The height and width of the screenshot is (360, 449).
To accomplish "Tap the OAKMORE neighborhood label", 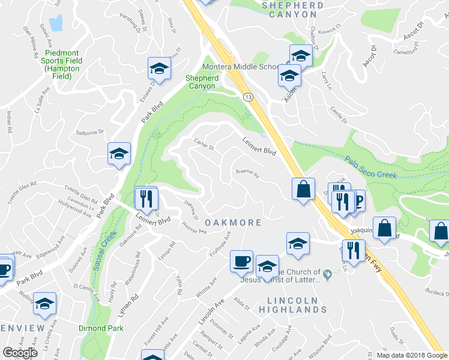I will pos(234,223).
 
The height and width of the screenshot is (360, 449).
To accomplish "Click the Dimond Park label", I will pos(101,328).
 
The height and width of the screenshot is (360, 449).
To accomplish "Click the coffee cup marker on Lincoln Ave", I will pos(241,260).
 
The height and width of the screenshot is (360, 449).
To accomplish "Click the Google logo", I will pos(20,353).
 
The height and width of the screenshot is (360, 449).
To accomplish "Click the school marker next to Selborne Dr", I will pos(119,154).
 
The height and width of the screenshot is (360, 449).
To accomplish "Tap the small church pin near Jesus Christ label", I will pos(327,275).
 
